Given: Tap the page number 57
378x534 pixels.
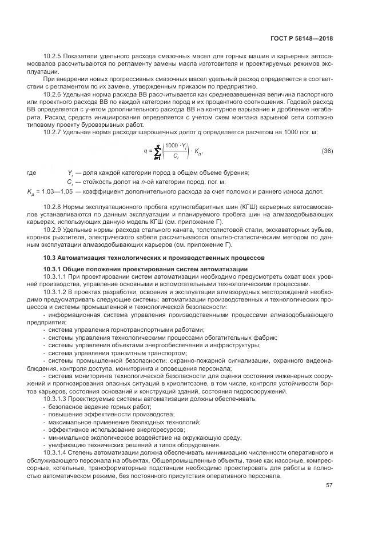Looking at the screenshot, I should pyautogui.click(x=329, y=486).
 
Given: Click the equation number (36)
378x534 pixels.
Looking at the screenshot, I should pyautogui.click(x=327, y=151).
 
